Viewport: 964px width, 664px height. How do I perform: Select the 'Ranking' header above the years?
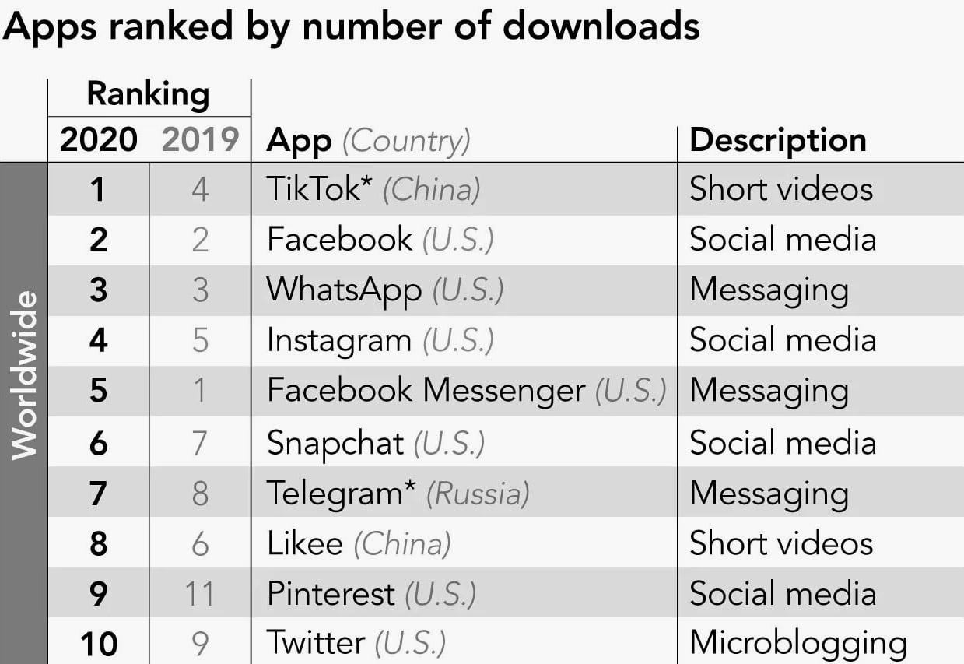pyautogui.click(x=148, y=94)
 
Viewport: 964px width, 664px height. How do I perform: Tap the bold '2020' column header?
pyautogui.click(x=98, y=140)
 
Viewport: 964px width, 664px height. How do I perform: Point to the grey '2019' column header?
pyautogui.click(x=200, y=140)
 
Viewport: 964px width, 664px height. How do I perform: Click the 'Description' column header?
pyautogui.click(x=777, y=140)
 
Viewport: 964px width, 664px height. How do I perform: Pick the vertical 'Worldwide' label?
pyautogui.click(x=24, y=374)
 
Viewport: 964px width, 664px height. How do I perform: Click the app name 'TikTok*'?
pyautogui.click(x=319, y=189)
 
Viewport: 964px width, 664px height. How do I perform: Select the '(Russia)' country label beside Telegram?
pyautogui.click(x=478, y=494)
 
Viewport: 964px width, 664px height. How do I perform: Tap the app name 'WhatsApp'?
pyautogui.click(x=344, y=290)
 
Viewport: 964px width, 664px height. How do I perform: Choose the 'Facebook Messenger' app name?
pyautogui.click(x=426, y=390)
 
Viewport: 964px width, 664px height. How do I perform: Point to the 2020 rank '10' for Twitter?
pyautogui.click(x=98, y=644)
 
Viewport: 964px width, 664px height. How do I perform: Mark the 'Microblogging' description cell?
pyautogui.click(x=797, y=644)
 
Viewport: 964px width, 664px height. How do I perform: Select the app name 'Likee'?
pyautogui.click(x=304, y=543)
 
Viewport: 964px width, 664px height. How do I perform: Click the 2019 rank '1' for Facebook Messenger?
pyautogui.click(x=200, y=390)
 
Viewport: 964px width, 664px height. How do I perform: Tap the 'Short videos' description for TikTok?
pyautogui.click(x=781, y=189)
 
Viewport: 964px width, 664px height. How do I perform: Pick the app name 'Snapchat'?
pyautogui.click(x=335, y=443)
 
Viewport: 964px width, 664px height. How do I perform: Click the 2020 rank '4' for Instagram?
pyautogui.click(x=98, y=340)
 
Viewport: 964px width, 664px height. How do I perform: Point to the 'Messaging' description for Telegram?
pyautogui.click(x=769, y=494)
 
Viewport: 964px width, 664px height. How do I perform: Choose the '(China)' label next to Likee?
pyautogui.click(x=401, y=543)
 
